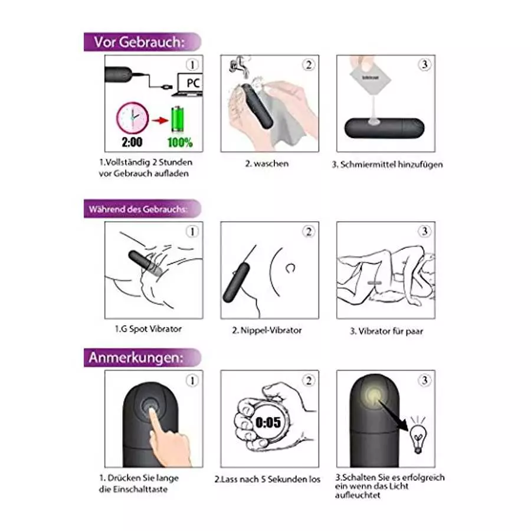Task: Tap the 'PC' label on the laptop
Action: (192, 84)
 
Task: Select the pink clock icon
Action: (133, 118)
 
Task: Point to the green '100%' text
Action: (179, 142)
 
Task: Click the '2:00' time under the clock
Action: (132, 142)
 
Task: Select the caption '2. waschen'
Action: (267, 163)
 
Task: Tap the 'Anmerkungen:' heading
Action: (136, 358)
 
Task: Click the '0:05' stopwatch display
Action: (268, 422)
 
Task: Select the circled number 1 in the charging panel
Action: (192, 64)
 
